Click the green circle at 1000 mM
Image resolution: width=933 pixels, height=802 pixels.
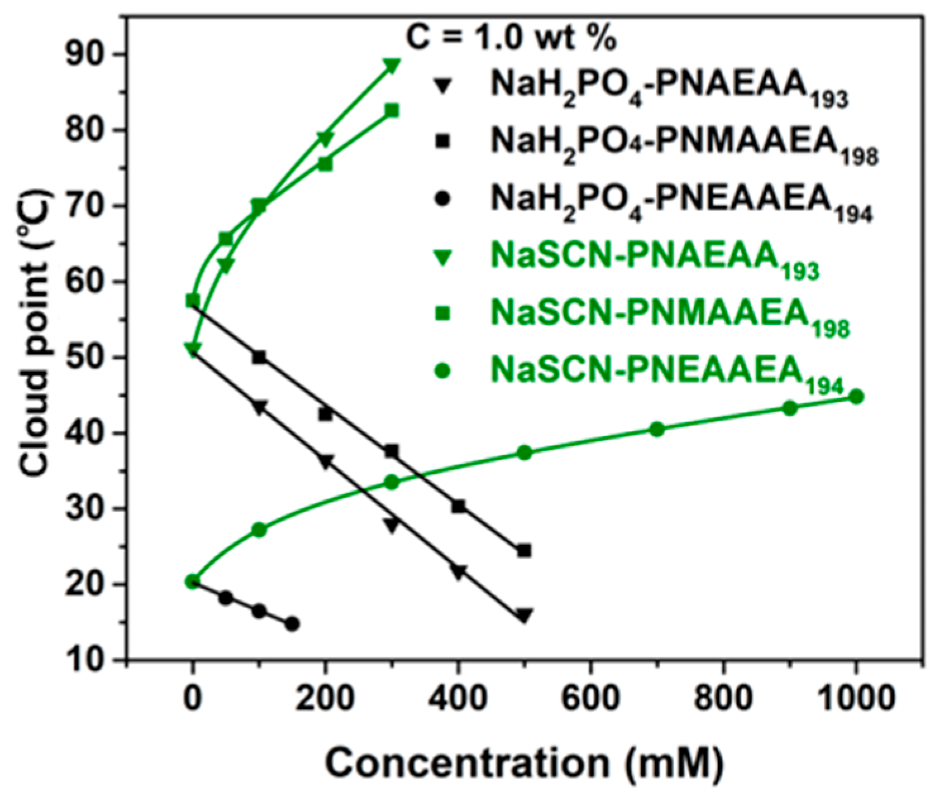(856, 397)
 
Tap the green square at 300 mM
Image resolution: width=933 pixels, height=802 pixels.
(391, 111)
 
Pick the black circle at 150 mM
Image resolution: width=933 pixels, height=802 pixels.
(292, 624)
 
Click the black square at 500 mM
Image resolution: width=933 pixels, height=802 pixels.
(523, 550)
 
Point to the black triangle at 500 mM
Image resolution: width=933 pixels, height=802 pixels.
(523, 615)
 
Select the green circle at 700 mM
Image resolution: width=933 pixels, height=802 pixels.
(657, 429)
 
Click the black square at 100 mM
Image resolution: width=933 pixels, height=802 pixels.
(259, 357)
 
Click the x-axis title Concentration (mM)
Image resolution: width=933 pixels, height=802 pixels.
(523, 763)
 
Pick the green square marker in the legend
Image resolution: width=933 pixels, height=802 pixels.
(443, 313)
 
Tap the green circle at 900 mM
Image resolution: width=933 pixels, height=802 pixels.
(790, 408)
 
